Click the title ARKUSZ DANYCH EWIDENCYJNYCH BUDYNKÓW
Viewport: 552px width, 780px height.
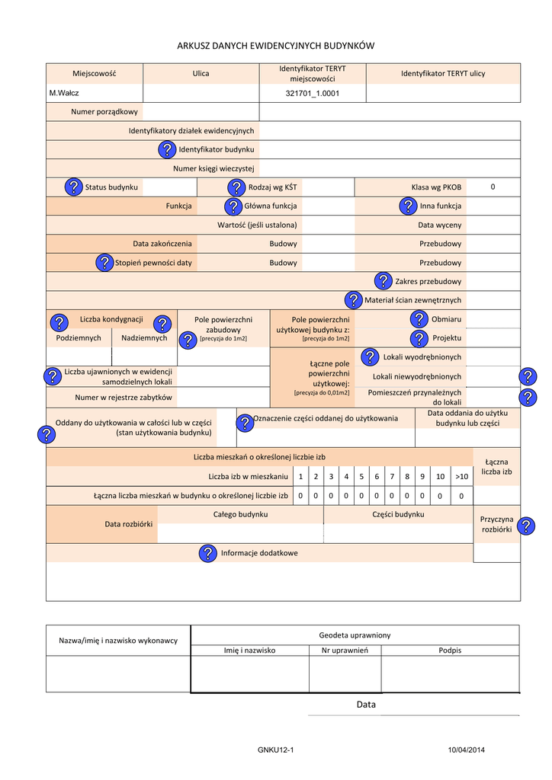276,46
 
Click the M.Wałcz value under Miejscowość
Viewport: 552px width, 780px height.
65,93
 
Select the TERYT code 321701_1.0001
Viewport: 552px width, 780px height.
312,93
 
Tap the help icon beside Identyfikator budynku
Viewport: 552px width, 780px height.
168,149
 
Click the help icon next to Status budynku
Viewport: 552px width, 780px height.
73,187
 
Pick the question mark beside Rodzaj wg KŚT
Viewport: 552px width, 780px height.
236,187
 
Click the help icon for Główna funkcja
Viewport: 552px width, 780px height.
233,206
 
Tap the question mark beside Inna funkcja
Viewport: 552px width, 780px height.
408,206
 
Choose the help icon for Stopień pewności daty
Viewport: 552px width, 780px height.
104,263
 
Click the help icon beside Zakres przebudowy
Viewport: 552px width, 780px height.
384,281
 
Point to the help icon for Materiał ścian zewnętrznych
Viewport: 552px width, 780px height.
353,300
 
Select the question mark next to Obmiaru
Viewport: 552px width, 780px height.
419,318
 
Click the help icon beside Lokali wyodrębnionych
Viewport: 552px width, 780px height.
370,356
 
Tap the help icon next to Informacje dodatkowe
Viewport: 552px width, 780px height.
207,553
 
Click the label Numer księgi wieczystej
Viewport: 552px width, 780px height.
213,168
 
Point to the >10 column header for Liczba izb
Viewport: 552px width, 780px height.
461,477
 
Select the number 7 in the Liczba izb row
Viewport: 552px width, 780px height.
392,477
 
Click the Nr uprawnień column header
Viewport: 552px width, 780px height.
345,651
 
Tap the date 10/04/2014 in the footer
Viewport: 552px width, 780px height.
466,751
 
